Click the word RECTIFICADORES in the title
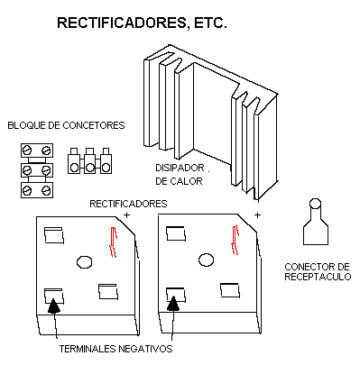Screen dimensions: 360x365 coord(123,23)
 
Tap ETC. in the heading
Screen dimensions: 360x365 coord(210,23)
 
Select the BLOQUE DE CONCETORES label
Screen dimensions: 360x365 coord(66,125)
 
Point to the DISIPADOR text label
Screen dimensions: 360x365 coord(180,168)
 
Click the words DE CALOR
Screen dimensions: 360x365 coord(179,181)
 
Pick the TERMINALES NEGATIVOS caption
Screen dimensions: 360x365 coord(115,349)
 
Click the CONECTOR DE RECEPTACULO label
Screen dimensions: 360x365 coord(318,271)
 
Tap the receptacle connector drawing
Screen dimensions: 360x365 coord(316,222)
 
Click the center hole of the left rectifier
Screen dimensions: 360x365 coord(84,261)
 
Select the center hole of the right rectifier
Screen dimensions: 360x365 coord(207,260)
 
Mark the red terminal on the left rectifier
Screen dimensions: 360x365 coord(114,242)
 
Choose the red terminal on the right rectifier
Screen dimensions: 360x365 coord(235,240)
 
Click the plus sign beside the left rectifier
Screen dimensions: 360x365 coord(127,215)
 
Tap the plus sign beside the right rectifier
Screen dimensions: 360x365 coord(257,215)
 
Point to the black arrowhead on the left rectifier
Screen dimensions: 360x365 coord(53,306)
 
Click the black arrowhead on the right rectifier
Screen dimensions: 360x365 coord(173,304)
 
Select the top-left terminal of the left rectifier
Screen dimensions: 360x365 coord(54,235)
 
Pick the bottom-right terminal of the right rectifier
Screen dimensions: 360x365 coord(230,290)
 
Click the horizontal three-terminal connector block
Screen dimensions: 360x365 coord(89,160)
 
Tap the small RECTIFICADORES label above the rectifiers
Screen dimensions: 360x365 coord(128,204)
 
